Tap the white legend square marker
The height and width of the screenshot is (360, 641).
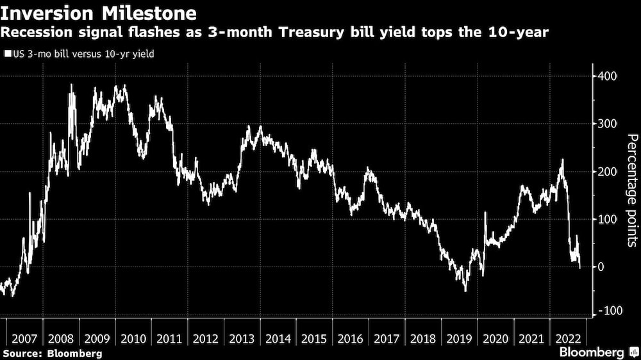(x=7, y=54)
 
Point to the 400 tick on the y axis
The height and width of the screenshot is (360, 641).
(x=608, y=76)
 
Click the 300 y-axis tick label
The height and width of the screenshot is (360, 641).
(x=608, y=124)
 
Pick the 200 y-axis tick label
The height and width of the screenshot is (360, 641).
(x=608, y=172)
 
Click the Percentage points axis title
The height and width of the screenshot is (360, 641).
(x=631, y=190)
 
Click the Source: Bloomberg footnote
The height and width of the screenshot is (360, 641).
(x=52, y=353)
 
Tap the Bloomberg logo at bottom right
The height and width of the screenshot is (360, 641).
(x=592, y=352)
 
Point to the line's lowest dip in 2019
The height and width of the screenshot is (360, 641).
(x=465, y=291)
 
